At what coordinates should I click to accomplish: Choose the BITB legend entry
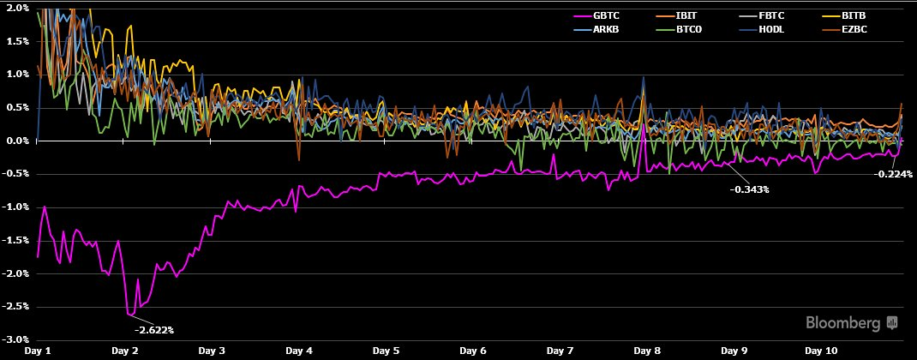coord(854,15)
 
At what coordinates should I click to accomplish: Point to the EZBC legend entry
coord(854,29)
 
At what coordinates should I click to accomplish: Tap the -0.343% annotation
coord(749,189)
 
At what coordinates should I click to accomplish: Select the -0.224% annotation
coord(891,174)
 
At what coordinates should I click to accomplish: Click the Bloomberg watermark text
coord(843,323)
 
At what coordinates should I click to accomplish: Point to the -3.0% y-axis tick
coord(17,340)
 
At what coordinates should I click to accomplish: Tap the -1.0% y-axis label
coord(17,207)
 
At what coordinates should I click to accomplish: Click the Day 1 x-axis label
coord(39,351)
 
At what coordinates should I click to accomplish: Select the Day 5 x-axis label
coord(386,351)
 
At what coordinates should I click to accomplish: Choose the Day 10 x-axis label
coord(821,351)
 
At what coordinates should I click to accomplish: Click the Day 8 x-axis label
coord(647,351)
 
